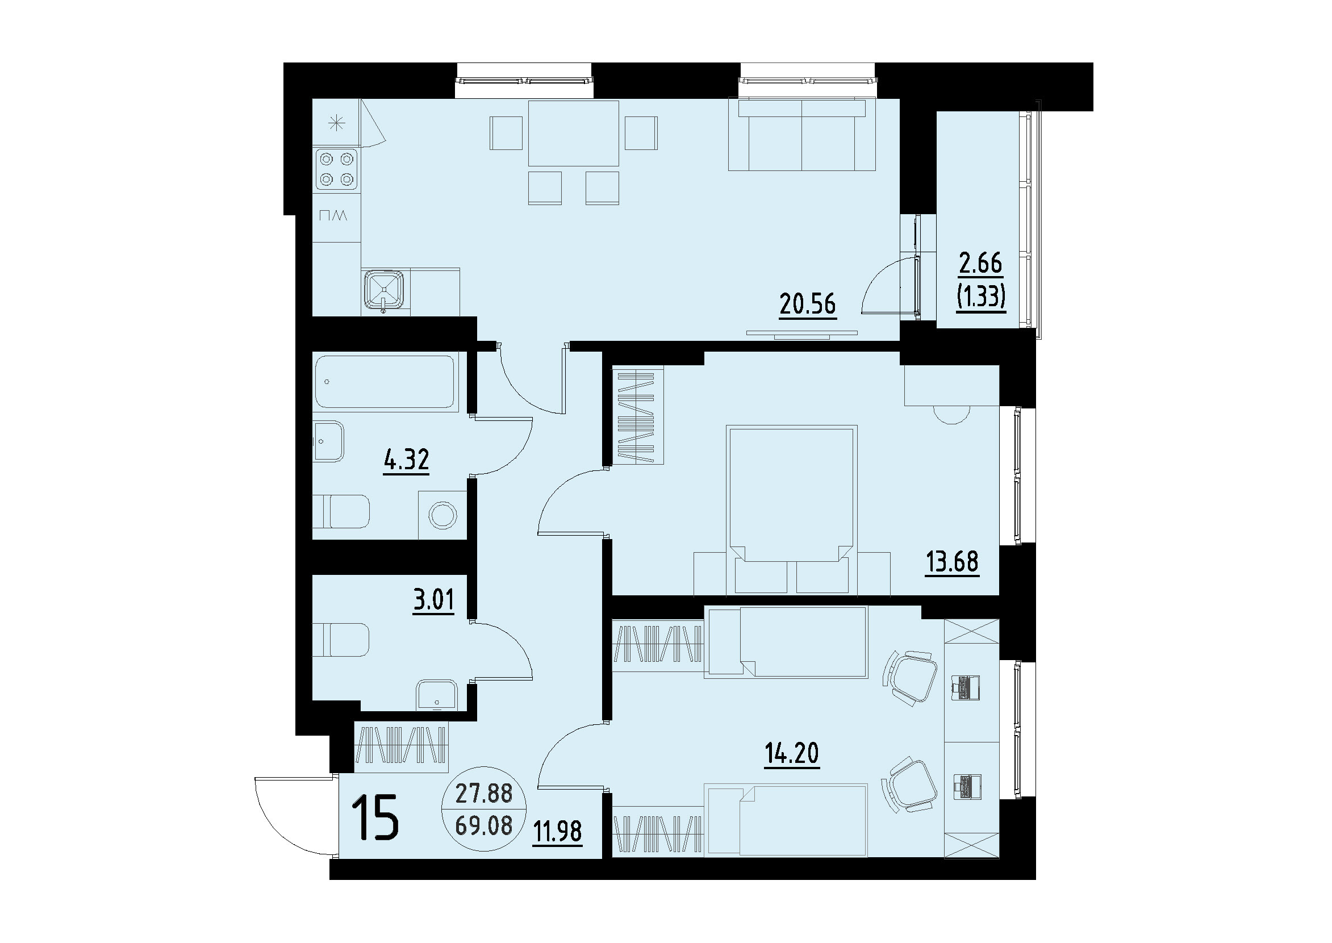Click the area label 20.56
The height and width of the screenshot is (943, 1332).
[807, 304]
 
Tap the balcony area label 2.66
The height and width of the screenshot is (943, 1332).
[981, 264]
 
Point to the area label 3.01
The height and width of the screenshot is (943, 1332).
[433, 600]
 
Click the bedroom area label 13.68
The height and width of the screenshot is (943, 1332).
[951, 561]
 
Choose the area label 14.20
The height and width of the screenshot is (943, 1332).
[791, 754]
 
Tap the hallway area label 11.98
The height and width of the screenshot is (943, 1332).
[558, 832]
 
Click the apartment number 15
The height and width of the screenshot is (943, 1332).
[375, 819]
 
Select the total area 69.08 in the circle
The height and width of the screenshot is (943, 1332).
[484, 825]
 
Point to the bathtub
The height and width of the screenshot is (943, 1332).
[385, 382]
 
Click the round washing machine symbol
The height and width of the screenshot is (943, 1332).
[442, 515]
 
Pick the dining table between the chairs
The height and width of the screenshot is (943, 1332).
[573, 133]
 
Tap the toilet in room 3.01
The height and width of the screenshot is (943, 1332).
[341, 640]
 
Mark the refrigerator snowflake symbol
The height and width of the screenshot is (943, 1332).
[337, 123]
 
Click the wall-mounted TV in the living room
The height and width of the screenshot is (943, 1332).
[801, 333]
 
